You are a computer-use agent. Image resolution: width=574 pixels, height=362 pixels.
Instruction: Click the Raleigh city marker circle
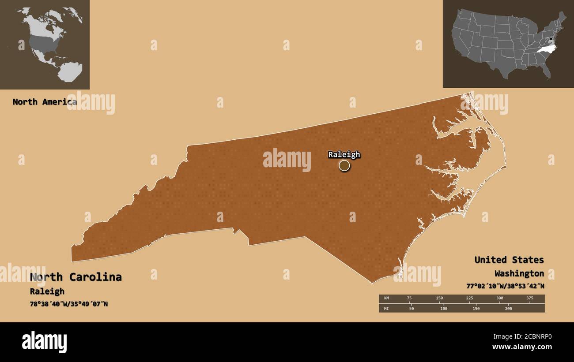(344, 166)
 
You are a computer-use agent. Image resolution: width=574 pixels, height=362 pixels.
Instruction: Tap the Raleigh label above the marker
(344, 154)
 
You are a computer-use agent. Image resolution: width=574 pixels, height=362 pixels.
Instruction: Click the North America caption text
(44, 102)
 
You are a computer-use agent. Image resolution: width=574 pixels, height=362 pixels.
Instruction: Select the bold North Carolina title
(76, 277)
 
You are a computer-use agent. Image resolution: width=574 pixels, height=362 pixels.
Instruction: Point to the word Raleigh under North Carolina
(47, 291)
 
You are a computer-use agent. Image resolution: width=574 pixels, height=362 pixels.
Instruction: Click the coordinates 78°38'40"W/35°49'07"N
(69, 304)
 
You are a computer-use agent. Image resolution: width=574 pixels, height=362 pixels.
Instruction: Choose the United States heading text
(509, 260)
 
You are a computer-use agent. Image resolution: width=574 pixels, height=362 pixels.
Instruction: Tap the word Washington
(519, 273)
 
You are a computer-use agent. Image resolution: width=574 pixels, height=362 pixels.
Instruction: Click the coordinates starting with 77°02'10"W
(505, 286)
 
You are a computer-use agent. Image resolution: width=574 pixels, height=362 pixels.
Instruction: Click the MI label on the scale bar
(385, 309)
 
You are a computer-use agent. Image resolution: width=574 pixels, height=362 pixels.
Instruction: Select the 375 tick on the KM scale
(530, 298)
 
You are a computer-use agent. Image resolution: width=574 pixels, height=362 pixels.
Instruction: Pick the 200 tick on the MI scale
(508, 309)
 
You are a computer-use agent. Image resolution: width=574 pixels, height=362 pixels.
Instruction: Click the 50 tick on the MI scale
(412, 309)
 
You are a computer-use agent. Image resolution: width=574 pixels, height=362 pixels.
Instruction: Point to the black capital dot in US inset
(551, 39)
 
